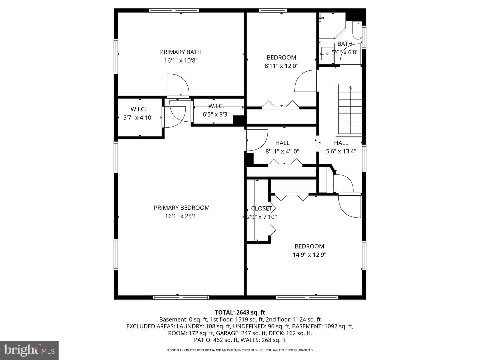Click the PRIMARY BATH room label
[181, 52]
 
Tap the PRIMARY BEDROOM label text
[182, 208]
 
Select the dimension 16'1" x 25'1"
[182, 216]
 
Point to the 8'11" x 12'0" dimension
[281, 66]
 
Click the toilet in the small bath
[357, 30]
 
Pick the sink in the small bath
[327, 54]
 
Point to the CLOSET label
[262, 209]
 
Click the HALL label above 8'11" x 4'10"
[282, 143]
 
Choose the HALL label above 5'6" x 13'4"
[341, 143]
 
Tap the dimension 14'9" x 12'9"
[309, 255]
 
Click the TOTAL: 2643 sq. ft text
[240, 312]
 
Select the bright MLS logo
[29, 350]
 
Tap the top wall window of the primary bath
[174, 10]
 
